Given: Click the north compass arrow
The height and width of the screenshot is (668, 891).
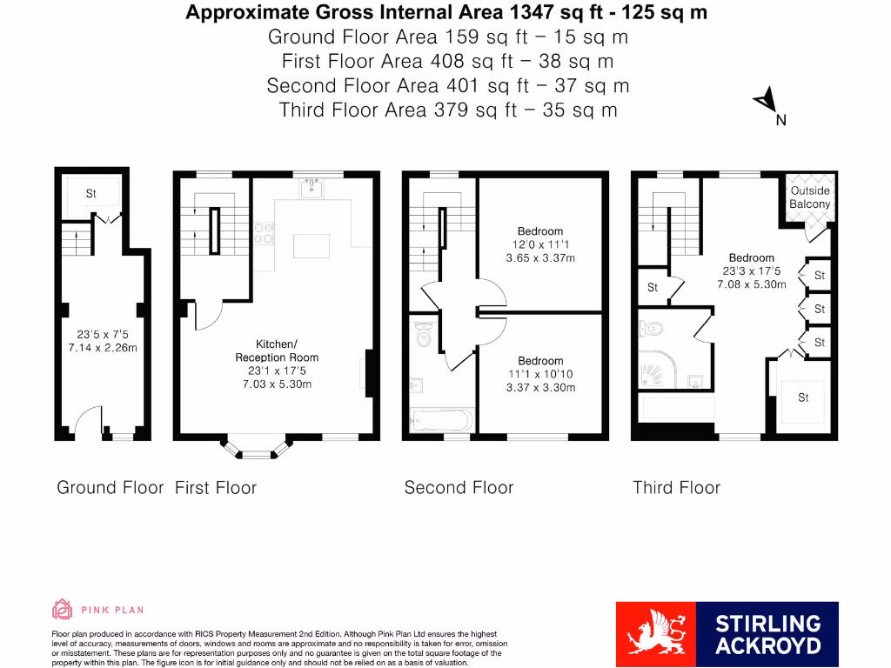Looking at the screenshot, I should pyautogui.click(x=766, y=102).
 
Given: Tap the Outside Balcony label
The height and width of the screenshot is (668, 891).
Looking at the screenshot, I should pyautogui.click(x=809, y=197).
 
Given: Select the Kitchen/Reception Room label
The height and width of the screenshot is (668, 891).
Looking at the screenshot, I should pyautogui.click(x=275, y=351).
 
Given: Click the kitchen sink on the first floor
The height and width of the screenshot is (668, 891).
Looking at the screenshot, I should pyautogui.click(x=312, y=189).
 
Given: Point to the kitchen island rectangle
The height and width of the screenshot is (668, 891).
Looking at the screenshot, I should pyautogui.click(x=312, y=246).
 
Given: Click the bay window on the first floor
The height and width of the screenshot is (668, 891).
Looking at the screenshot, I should pyautogui.click(x=256, y=448).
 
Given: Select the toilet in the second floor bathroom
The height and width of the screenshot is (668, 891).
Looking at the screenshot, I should pyautogui.click(x=424, y=334).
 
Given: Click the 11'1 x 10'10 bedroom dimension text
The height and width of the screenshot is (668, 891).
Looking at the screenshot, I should pyautogui.click(x=540, y=374).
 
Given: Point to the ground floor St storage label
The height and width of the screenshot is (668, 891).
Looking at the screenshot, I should pyautogui.click(x=90, y=194).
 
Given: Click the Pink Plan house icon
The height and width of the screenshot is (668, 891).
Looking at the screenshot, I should pyautogui.click(x=62, y=609).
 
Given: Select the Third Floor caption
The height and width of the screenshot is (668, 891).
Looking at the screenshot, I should pyautogui.click(x=676, y=488).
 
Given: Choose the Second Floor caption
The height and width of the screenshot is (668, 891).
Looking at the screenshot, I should pyautogui.click(x=459, y=488).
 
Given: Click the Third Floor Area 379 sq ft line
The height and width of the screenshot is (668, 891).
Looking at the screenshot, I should pyautogui.click(x=448, y=110).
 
